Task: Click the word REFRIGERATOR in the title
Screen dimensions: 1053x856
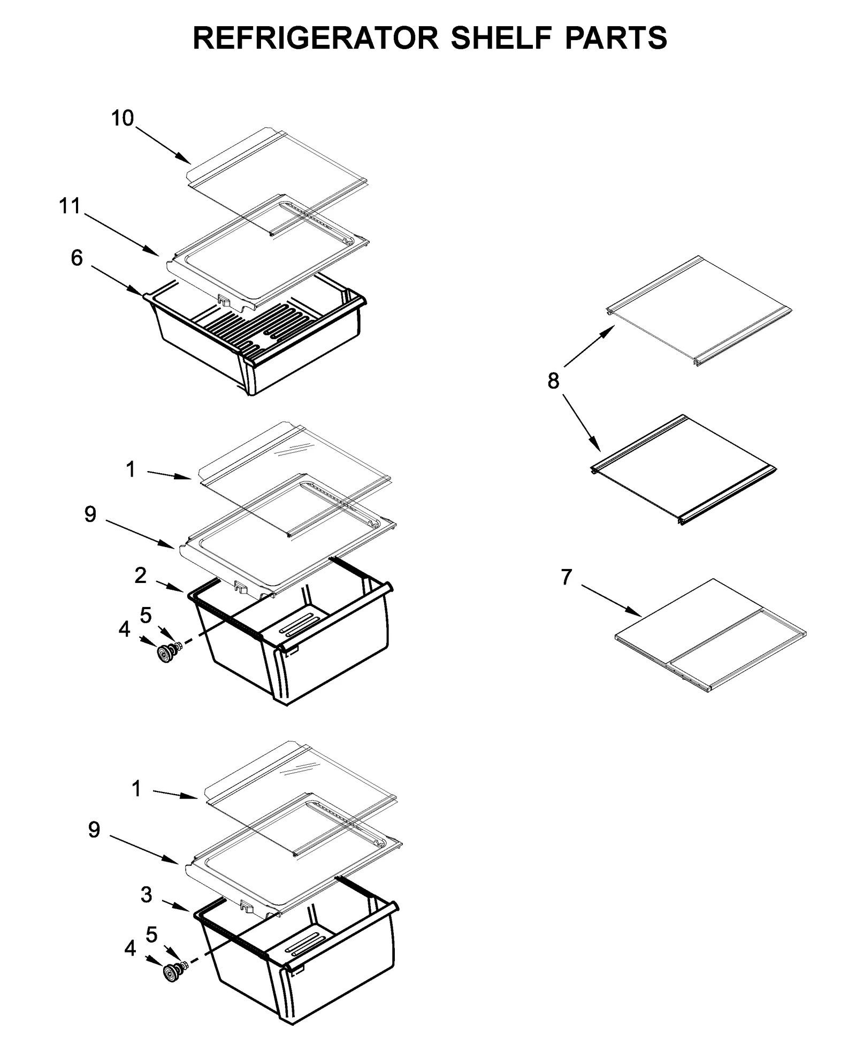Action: pos(315,38)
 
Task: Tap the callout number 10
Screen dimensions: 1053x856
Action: pos(123,118)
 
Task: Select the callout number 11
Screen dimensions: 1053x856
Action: pos(70,206)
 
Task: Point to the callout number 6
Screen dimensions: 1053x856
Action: pos(77,258)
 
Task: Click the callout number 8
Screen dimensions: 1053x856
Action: pos(553,381)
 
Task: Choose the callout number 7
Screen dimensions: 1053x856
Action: pos(567,577)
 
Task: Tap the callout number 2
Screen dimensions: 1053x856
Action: pos(140,575)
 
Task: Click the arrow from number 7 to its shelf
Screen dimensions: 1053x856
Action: pos(611,599)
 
